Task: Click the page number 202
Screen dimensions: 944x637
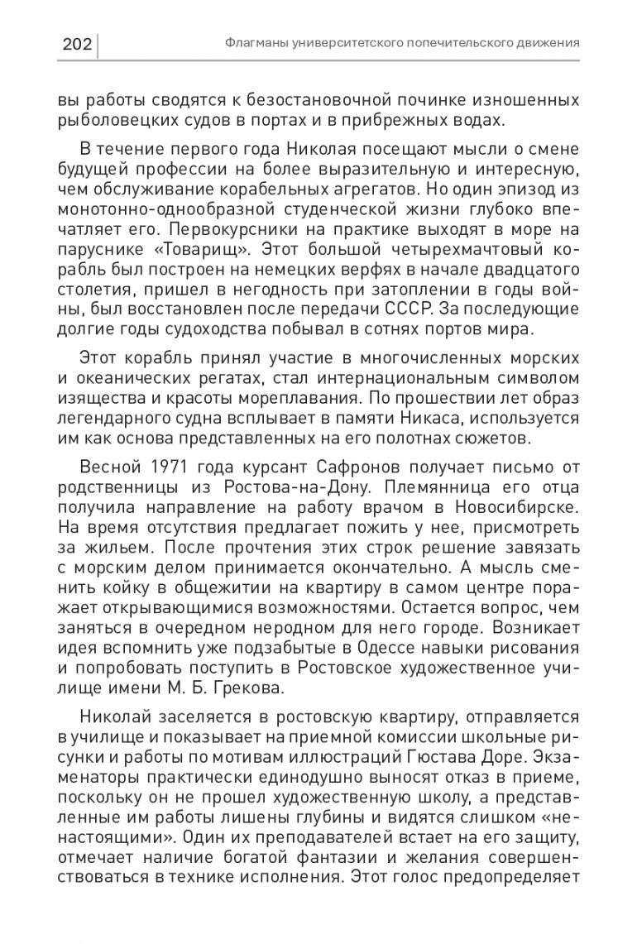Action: pos(76,43)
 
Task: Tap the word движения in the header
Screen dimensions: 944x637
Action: pos(547,43)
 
